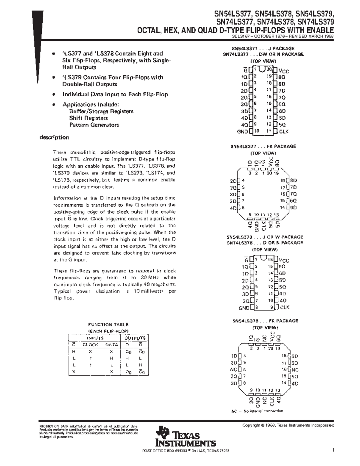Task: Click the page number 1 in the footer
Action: pos(333,450)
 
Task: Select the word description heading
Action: pos(54,137)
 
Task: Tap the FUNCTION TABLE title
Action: pos(108,324)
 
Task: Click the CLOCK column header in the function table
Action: pos(90,345)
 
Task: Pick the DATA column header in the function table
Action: pos(112,345)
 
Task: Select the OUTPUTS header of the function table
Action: pos(135,338)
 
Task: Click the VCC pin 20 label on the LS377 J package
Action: pos(283,71)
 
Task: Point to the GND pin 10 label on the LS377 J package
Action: pos(242,131)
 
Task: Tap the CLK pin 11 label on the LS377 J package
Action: pos(284,131)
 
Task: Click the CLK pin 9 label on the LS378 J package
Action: pos(284,307)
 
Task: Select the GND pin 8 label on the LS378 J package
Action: pos(244,308)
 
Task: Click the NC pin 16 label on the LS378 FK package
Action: pos(295,370)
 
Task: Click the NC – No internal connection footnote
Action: pos(257,411)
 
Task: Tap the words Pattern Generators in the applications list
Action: pos(94,125)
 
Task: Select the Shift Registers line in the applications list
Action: pos(88,118)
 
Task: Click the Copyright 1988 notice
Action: pos(288,425)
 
